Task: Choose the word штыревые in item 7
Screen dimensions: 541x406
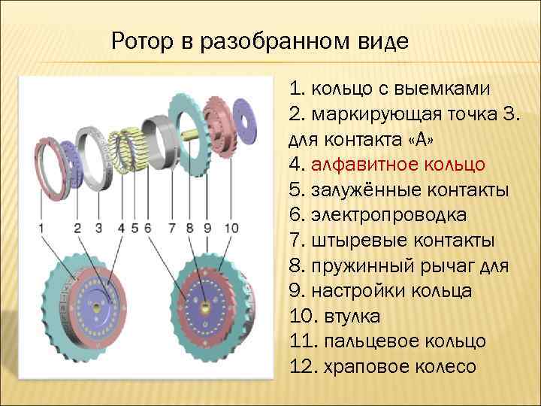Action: click(354, 241)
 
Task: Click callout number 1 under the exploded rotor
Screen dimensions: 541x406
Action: click(42, 226)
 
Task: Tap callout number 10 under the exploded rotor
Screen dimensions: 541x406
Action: click(231, 226)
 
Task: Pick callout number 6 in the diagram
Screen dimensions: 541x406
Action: click(147, 226)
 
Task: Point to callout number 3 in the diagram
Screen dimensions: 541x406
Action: click(98, 226)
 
